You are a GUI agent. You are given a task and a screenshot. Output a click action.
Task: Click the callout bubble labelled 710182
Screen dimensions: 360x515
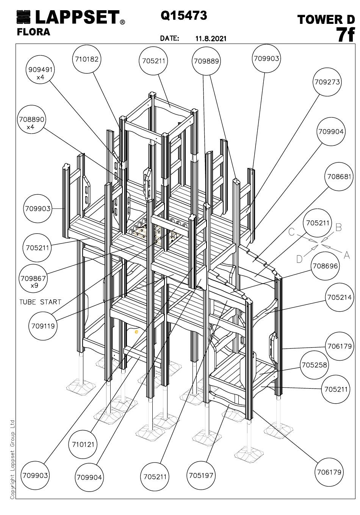tap(87, 59)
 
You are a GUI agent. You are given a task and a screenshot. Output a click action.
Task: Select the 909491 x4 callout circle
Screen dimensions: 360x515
tap(40, 69)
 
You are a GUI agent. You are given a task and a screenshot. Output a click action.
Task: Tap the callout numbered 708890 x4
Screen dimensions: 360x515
tap(32, 119)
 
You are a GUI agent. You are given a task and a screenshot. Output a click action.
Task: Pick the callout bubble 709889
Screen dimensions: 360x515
tap(206, 61)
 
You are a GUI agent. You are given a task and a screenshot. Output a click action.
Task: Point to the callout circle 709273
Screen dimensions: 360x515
tap(327, 82)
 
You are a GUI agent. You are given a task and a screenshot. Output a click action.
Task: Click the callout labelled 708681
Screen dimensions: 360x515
tap(339, 176)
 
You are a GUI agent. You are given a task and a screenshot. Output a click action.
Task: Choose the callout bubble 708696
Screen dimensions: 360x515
tap(325, 266)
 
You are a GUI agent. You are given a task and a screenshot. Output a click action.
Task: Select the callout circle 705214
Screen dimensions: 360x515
tap(339, 297)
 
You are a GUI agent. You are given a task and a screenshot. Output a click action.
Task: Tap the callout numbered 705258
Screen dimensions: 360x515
tap(314, 365)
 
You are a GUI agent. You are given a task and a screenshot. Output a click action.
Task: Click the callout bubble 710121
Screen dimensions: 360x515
tap(83, 444)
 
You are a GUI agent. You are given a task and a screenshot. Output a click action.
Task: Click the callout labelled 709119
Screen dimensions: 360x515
tap(43, 326)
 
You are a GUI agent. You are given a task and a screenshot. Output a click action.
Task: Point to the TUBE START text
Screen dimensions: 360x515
tap(40, 302)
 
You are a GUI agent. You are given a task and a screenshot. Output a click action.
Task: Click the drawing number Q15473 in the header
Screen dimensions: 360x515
tap(184, 16)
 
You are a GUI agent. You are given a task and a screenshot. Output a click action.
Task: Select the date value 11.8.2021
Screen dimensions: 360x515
tap(211, 38)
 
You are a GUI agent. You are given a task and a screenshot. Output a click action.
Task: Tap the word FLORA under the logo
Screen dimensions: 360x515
tap(34, 32)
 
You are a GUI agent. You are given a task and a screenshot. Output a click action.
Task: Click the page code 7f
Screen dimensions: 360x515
tap(345, 35)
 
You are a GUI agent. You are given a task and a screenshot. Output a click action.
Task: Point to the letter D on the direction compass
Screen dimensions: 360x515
tap(299, 259)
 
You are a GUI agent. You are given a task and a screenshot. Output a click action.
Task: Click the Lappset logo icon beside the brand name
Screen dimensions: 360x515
tap(23, 17)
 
